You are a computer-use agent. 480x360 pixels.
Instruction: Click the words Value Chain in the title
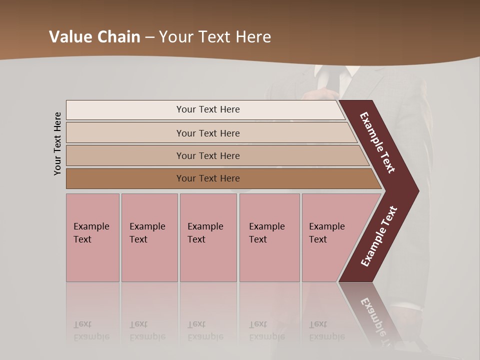[x=94, y=37]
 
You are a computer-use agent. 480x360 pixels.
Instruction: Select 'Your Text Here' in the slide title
[x=215, y=37]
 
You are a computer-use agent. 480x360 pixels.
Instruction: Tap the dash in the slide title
[x=149, y=37]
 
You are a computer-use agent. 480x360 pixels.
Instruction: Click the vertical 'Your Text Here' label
[x=57, y=143]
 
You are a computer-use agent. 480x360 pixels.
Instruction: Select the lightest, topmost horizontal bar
[x=207, y=109]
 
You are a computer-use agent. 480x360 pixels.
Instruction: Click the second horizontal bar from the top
[x=207, y=133]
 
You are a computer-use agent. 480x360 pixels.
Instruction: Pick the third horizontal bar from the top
[x=207, y=155]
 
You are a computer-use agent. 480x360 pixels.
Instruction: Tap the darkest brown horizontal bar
[x=207, y=178]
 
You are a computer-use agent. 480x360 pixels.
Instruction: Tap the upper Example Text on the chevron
[x=377, y=142]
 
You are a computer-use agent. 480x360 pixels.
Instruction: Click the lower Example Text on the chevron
[x=379, y=236]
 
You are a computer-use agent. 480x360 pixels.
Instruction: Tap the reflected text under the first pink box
[x=91, y=330]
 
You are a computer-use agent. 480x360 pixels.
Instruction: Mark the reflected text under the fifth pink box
[x=326, y=330]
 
